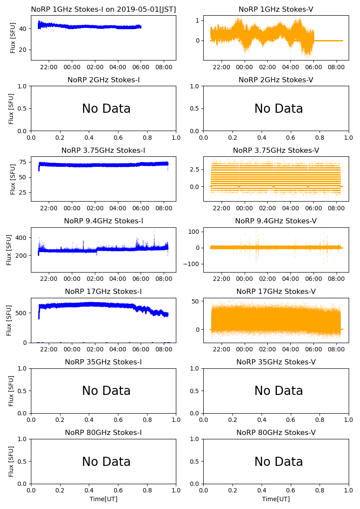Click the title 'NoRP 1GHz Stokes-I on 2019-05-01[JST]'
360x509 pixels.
click(103, 9)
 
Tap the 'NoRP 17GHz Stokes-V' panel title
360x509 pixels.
click(276, 291)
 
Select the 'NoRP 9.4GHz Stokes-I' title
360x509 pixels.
click(103, 221)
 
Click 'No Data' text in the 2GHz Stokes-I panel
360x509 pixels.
click(106, 109)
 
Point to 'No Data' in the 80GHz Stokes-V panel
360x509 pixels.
click(279, 462)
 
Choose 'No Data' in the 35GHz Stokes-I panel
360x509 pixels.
click(106, 391)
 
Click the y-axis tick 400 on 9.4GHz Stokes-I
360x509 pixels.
click(23, 238)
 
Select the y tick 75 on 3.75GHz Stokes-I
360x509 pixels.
click(24, 162)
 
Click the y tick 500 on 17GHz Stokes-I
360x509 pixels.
click(23, 313)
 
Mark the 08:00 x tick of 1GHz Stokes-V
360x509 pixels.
click(336, 67)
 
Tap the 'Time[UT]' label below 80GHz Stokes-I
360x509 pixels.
click(103, 499)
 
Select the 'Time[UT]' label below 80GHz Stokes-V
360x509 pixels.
click(276, 499)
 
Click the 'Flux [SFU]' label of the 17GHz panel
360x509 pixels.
click(9, 320)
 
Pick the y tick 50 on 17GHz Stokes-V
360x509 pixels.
click(195, 302)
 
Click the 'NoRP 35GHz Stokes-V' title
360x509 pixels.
click(276, 362)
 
